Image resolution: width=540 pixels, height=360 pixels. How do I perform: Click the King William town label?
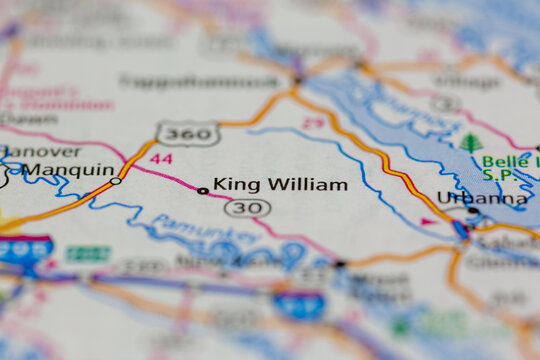pyautogui.click(x=281, y=185)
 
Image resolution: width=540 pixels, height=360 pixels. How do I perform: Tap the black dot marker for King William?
pyautogui.click(x=203, y=190)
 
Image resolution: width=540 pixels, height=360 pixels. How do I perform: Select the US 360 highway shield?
pyautogui.click(x=186, y=133)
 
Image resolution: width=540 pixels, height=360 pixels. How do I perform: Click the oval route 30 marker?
pyautogui.click(x=247, y=208)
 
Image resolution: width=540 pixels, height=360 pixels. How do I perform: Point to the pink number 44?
pyautogui.click(x=162, y=159)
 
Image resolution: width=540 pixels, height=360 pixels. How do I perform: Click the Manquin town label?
pyautogui.click(x=68, y=170)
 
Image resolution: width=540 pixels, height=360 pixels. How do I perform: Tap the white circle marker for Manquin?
pyautogui.click(x=115, y=181)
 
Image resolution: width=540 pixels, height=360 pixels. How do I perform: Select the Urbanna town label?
pyautogui.click(x=482, y=198)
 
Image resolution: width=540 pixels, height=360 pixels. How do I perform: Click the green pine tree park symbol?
pyautogui.click(x=471, y=142)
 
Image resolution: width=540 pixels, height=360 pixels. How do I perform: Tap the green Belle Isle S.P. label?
pyautogui.click(x=509, y=169)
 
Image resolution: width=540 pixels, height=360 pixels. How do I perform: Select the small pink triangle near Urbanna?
pyautogui.click(x=427, y=221)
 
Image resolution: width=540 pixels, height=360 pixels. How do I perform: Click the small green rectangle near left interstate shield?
pyautogui.click(x=88, y=254)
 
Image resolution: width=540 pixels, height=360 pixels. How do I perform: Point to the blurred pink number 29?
pyautogui.click(x=313, y=123)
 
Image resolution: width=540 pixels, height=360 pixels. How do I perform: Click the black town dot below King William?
pyautogui.click(x=341, y=265)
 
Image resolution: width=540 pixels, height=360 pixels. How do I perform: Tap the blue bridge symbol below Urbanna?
pyautogui.click(x=461, y=229)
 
